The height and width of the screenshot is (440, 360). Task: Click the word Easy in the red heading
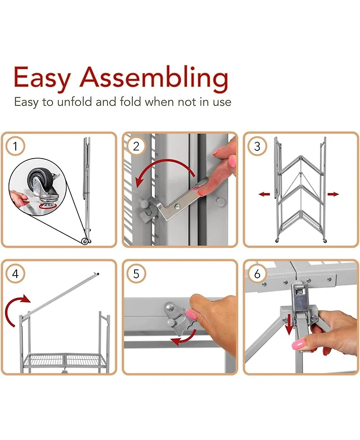point(42,78)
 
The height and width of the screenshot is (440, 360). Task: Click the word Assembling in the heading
point(153,78)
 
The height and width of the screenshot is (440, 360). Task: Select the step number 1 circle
point(15,146)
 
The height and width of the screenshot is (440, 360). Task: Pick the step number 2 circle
point(136,146)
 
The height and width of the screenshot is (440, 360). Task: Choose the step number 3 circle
point(257,146)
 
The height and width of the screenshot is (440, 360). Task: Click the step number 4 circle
point(15,274)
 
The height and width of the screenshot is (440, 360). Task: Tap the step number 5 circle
point(136,274)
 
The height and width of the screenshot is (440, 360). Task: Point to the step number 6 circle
point(257,274)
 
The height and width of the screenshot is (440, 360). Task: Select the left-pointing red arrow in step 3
point(264,194)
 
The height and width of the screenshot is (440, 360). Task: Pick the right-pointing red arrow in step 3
point(333,194)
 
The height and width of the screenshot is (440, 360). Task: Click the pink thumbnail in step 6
point(299,343)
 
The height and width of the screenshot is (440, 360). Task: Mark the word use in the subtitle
point(222,102)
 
